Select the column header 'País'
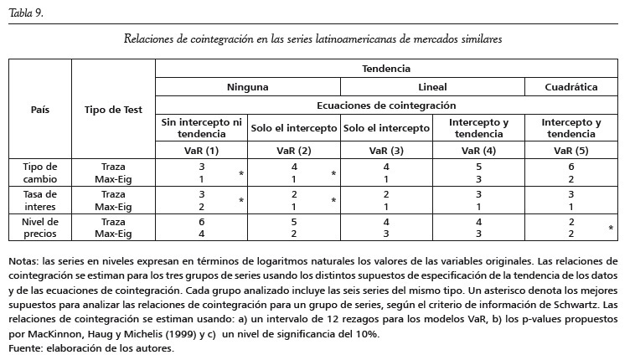(39, 109)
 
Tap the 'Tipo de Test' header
(113, 109)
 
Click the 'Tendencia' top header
(385, 68)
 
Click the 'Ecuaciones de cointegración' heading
(385, 105)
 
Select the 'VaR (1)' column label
(201, 151)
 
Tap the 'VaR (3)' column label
(385, 151)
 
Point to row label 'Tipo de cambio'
(39, 172)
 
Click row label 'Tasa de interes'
(39, 200)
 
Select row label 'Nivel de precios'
(39, 228)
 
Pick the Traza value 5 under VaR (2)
(294, 222)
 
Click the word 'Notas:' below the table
(23, 261)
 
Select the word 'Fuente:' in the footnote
(26, 347)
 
